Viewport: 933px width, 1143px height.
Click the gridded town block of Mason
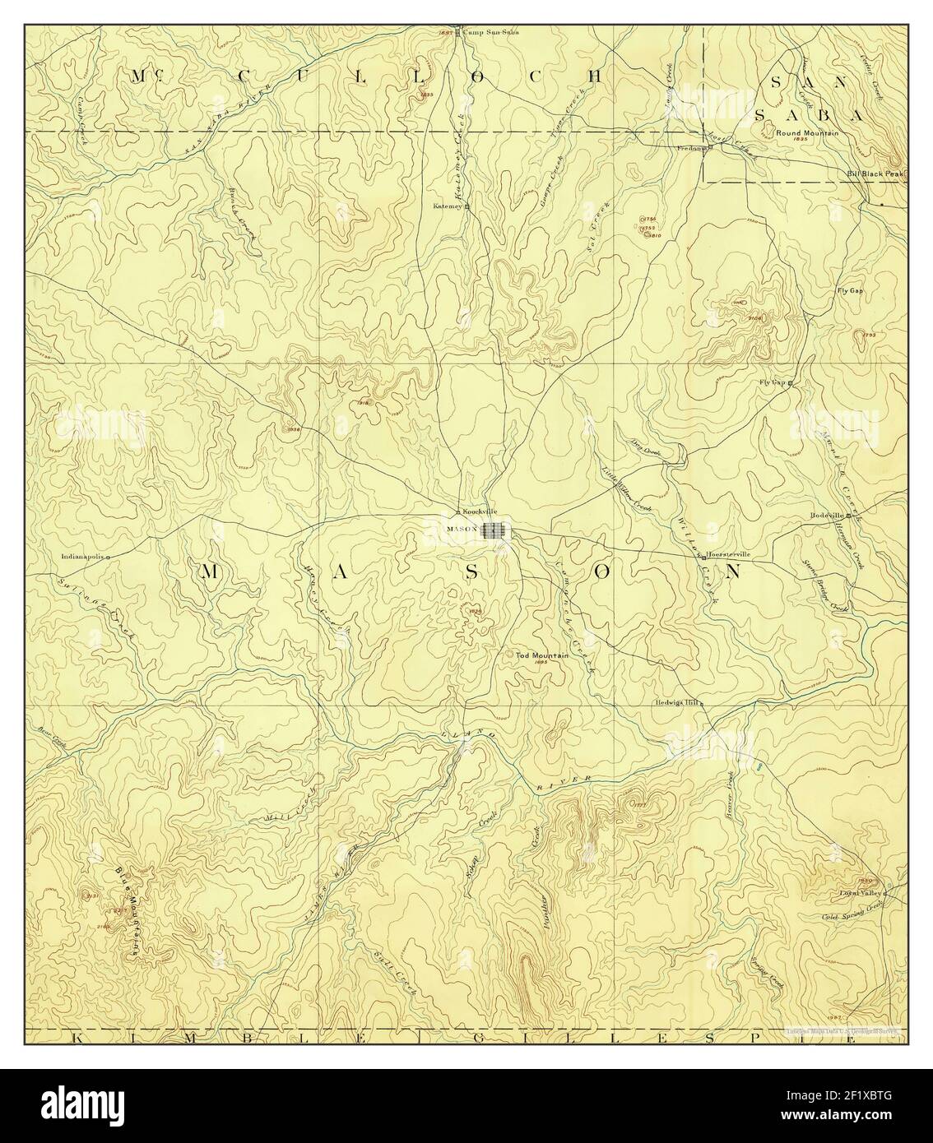494,530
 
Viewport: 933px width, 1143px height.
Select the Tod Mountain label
543,655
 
